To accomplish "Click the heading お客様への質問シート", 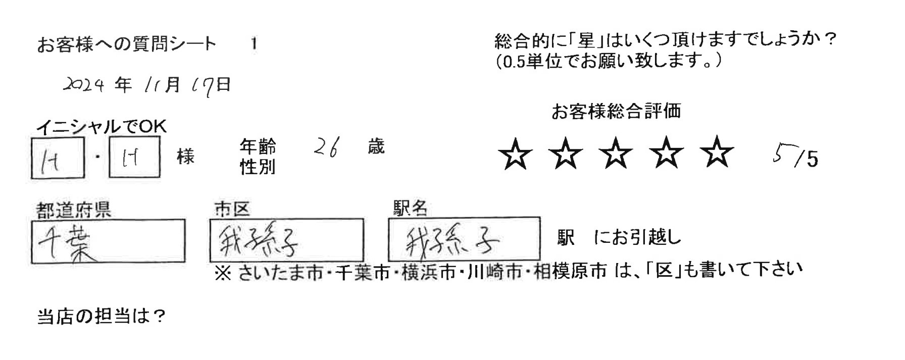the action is [x=127, y=44].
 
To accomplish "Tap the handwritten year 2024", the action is [x=84, y=85].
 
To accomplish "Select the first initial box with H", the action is [x=58, y=158].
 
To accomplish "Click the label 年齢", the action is [x=258, y=147].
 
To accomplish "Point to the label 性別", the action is [x=258, y=167].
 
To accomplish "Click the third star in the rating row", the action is [x=616, y=155].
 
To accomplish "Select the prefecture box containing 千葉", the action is [x=108, y=241].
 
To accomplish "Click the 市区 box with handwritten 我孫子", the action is [x=286, y=240].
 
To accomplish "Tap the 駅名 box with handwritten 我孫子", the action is [x=464, y=239].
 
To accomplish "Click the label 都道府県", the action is [x=74, y=210].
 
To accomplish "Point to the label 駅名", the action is [x=411, y=208].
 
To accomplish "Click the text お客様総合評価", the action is [x=616, y=111].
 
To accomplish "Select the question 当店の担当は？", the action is [x=102, y=317].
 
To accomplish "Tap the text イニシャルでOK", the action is [x=102, y=127].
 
